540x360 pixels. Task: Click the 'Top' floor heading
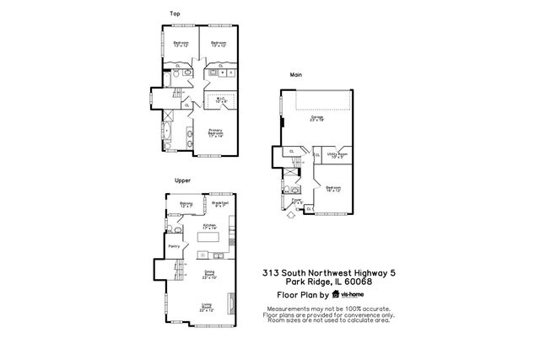tap(175, 13)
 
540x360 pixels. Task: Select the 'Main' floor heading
tap(297, 74)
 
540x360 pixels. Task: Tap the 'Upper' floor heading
tap(181, 180)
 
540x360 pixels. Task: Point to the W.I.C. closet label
tap(221, 100)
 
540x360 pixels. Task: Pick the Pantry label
tap(175, 245)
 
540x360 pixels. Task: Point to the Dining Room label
tap(208, 274)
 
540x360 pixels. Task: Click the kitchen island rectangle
tap(208, 254)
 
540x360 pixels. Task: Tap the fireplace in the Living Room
tap(233, 303)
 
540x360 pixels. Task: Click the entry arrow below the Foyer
tap(291, 214)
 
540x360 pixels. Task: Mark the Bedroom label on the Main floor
tap(333, 189)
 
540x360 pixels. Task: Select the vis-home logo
tap(348, 295)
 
